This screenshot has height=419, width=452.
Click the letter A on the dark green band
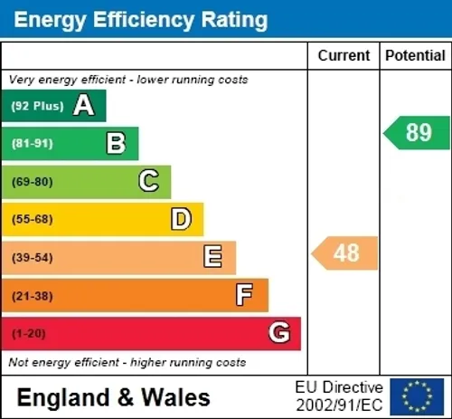84,105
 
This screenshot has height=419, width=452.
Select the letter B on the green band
116,143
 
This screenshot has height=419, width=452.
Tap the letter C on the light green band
149,181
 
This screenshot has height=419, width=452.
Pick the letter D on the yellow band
181,219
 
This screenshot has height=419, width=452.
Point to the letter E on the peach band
213,256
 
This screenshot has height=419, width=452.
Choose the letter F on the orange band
244,294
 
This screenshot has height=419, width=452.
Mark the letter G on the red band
279,332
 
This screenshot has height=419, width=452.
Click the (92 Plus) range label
38,106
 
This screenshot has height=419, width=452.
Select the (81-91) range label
33,144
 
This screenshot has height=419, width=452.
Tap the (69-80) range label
33,182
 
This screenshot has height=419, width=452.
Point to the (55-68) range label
33,219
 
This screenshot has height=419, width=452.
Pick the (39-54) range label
33,258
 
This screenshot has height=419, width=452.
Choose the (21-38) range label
33,296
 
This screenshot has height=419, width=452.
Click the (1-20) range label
29,334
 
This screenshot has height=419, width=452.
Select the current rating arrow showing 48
344,253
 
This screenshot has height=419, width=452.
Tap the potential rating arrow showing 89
417,133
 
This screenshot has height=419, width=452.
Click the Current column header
344,56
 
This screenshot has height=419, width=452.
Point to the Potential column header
416,56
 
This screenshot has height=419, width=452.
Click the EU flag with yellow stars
417,396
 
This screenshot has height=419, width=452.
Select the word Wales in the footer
175,397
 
